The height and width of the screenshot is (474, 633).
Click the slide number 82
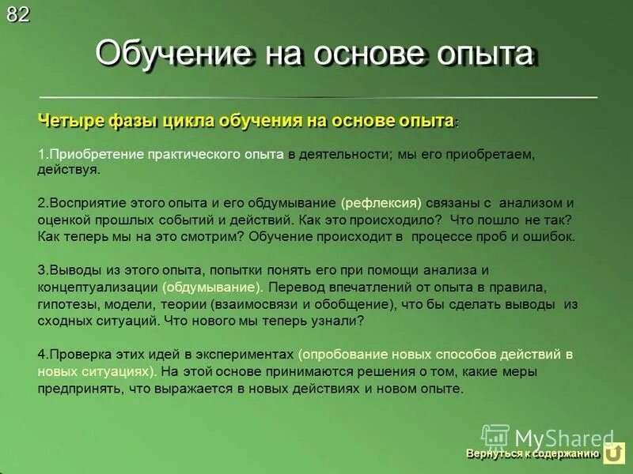[x=18, y=14]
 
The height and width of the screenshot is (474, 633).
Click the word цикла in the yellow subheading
[x=189, y=120]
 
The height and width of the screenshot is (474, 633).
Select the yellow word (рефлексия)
[x=381, y=201]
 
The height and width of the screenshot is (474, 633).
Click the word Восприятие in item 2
[x=83, y=201]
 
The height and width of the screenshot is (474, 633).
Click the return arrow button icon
[x=614, y=453]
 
